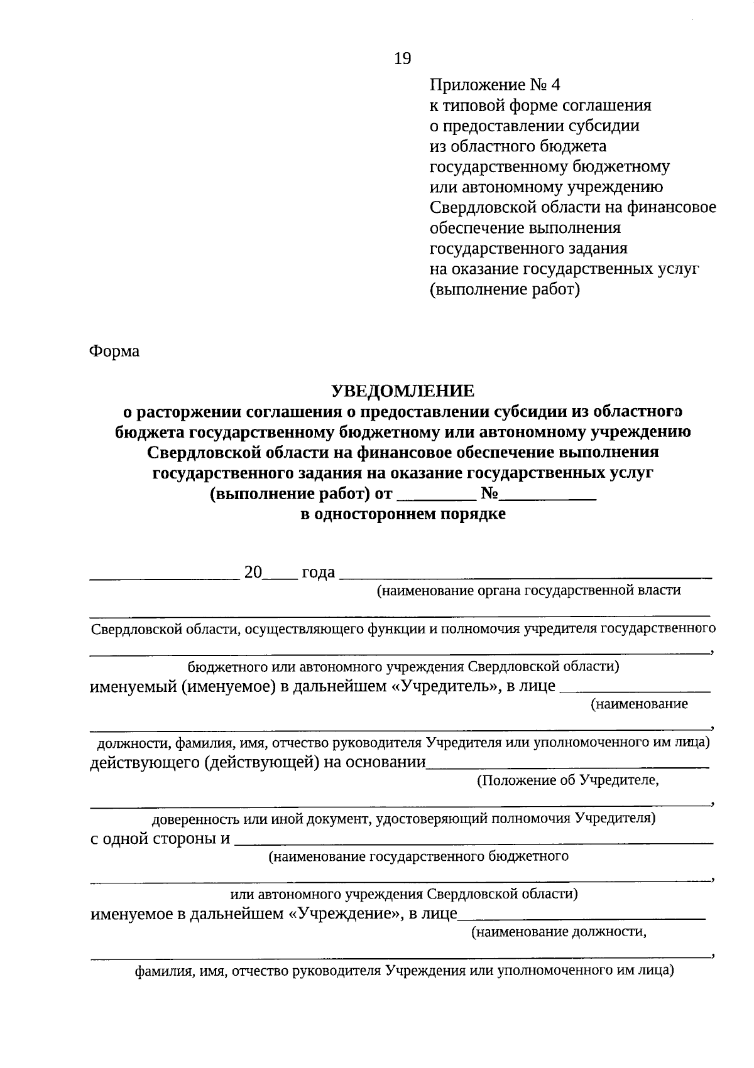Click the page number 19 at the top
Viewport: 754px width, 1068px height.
click(402, 59)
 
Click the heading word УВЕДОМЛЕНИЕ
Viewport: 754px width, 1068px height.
click(403, 391)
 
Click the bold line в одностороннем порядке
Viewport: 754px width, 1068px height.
click(403, 515)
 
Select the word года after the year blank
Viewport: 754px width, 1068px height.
click(319, 573)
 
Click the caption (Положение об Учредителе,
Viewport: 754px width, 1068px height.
click(567, 780)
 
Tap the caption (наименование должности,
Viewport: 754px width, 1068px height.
click(559, 932)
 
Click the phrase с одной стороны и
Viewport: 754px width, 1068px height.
click(160, 839)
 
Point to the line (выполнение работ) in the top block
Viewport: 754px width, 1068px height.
click(505, 289)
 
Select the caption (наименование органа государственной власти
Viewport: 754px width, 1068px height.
click(528, 590)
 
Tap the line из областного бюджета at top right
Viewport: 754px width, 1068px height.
click(518, 146)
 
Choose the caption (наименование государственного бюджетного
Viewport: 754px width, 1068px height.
click(418, 856)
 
